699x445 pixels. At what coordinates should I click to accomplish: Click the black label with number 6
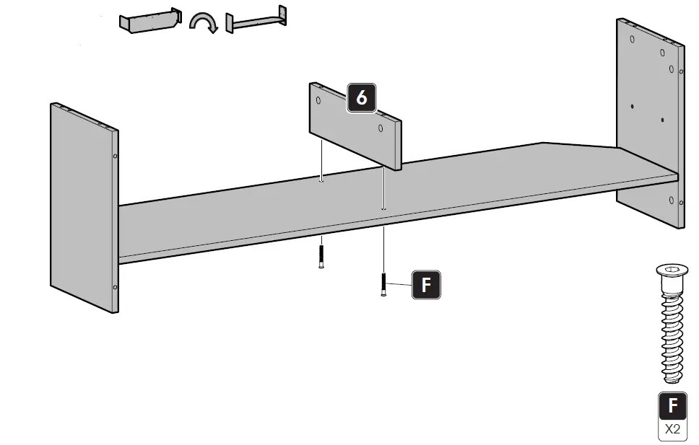coord(362,97)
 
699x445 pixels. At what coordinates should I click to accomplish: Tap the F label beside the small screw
coord(425,285)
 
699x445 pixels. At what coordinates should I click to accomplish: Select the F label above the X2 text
coord(672,405)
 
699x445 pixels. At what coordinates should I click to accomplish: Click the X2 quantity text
coord(672,429)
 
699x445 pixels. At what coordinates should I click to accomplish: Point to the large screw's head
coord(672,273)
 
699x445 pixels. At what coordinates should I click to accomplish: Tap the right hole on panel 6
coord(380,128)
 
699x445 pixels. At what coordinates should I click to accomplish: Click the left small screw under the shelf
coord(321,256)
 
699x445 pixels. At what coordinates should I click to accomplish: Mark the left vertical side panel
coord(83,206)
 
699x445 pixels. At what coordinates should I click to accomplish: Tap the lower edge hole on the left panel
coord(115,287)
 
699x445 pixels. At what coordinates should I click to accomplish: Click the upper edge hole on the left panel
coord(115,155)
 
